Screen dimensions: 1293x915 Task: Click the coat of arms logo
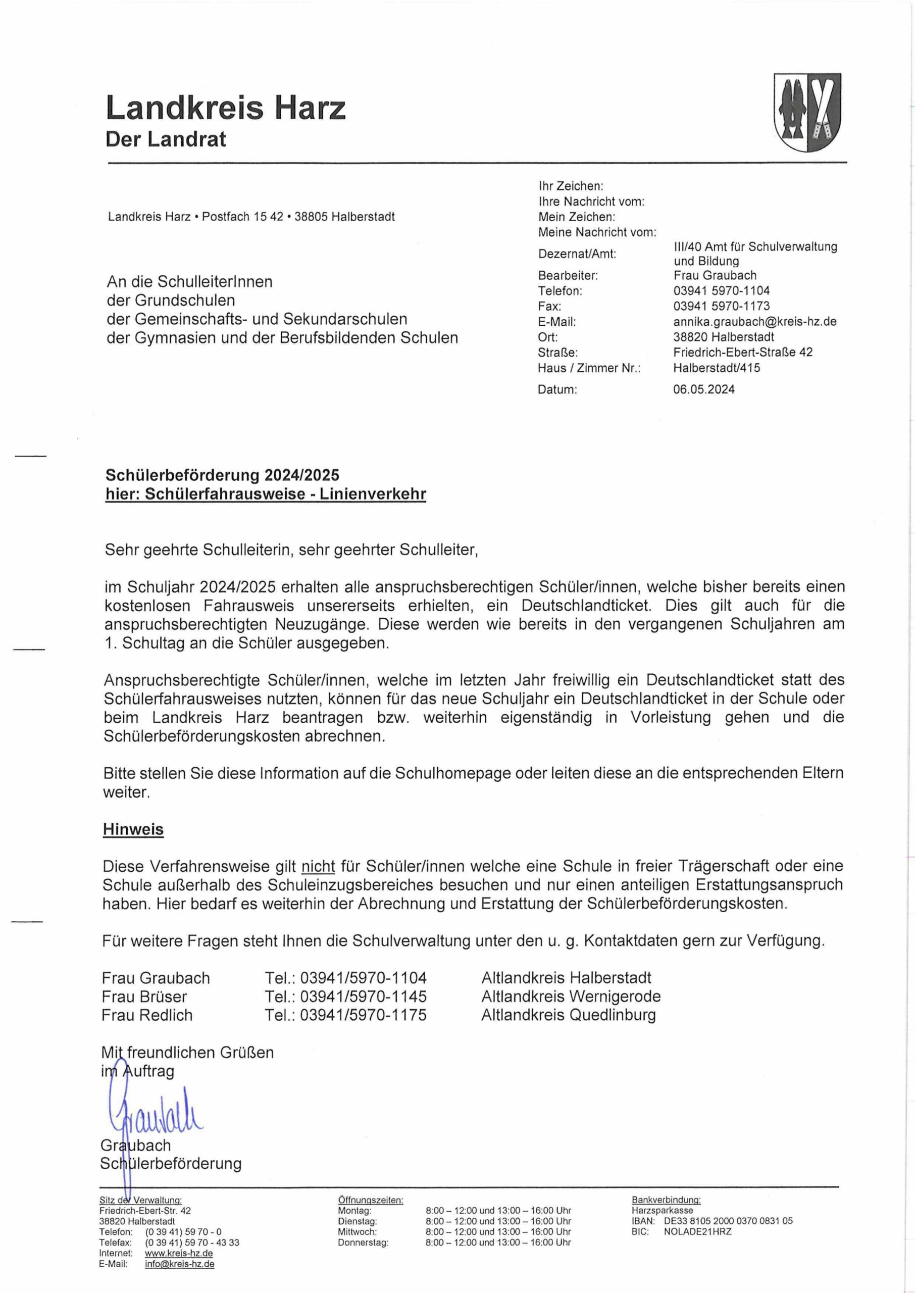click(807, 112)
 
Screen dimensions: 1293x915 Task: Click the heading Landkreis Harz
click(225, 108)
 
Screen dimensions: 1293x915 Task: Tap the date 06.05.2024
click(704, 389)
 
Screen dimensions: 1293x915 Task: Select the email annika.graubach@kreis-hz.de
click(754, 322)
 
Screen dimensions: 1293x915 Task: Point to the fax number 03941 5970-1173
click(721, 306)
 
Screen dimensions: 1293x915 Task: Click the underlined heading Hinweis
click(133, 829)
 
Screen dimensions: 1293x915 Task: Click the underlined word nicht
click(318, 866)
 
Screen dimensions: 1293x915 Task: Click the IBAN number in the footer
click(728, 1221)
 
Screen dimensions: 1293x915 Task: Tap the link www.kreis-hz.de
click(179, 1254)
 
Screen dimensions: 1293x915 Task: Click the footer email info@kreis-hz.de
click(179, 1264)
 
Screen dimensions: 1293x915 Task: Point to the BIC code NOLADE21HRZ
click(697, 1231)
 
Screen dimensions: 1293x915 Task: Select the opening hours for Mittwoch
click(498, 1231)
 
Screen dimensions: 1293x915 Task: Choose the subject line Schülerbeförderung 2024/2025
click(223, 475)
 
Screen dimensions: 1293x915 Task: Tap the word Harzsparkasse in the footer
click(662, 1210)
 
